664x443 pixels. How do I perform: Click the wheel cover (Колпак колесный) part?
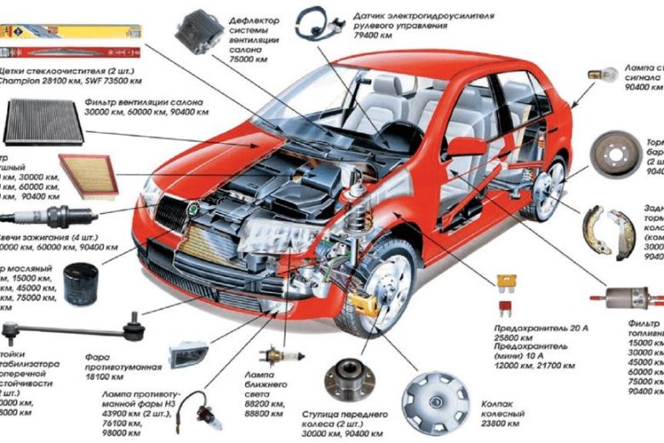pyautogui.click(x=436, y=401)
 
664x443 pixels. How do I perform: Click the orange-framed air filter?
pyautogui.click(x=87, y=176)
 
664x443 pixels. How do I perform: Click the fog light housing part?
pyautogui.click(x=188, y=352)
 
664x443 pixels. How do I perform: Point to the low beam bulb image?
pyautogui.click(x=272, y=354)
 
